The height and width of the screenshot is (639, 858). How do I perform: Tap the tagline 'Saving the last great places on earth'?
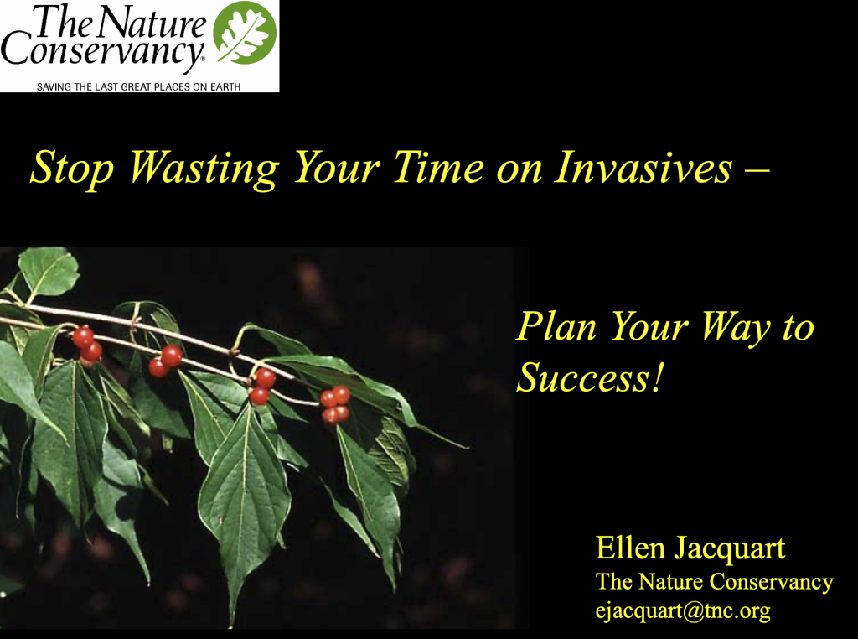coord(138,86)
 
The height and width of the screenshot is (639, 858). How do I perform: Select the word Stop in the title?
coord(71,168)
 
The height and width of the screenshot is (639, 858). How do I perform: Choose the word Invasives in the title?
coord(643,168)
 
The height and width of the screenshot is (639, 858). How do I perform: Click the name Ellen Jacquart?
coord(690,549)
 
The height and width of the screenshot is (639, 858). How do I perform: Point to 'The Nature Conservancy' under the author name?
coord(714,581)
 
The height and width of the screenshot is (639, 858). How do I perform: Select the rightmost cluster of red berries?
coord(335,403)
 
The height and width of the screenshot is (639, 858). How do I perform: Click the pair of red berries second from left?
coord(165,361)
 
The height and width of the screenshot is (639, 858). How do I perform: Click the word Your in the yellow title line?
coord(336,168)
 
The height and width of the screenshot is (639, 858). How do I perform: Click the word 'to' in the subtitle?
coord(798,327)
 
